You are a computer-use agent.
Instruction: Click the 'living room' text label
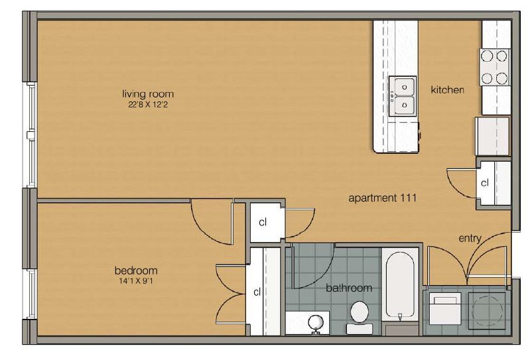pyautogui.click(x=143, y=93)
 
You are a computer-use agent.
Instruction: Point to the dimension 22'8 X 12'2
pyautogui.click(x=143, y=104)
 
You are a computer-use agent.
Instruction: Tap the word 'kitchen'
pyautogui.click(x=447, y=90)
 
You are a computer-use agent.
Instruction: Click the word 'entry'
pyautogui.click(x=469, y=239)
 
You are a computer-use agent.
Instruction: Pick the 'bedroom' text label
pyautogui.click(x=136, y=270)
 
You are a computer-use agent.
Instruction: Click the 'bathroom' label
pyautogui.click(x=348, y=288)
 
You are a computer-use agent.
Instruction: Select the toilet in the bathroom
pyautogui.click(x=360, y=315)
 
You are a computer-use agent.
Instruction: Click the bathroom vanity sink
pyautogui.click(x=316, y=323)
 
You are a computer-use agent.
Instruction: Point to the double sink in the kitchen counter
pyautogui.click(x=402, y=95)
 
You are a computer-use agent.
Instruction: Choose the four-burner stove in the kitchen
pyautogui.click(x=494, y=68)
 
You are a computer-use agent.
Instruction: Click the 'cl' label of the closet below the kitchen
pyautogui.click(x=485, y=183)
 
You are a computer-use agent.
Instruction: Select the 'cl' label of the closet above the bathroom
pyautogui.click(x=263, y=222)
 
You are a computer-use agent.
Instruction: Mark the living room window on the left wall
pyautogui.click(x=30, y=136)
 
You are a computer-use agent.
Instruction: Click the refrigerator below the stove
pyautogui.click(x=492, y=137)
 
